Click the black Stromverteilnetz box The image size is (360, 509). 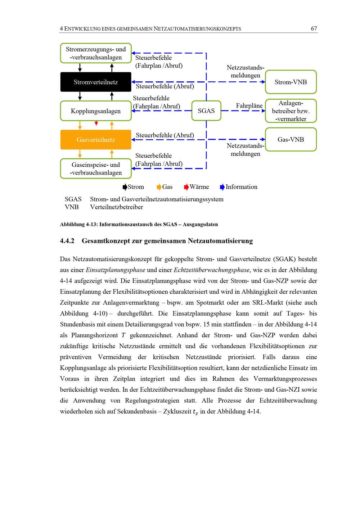pyautogui.click(x=96, y=82)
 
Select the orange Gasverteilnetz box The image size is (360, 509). pyautogui.click(x=96, y=140)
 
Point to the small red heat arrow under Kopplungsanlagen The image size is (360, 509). pyautogui.click(x=96, y=123)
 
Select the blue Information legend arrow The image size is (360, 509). pyautogui.click(x=222, y=187)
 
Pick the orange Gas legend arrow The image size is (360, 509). pyautogui.click(x=159, y=187)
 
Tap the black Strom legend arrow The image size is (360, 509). pyautogui.click(x=125, y=187)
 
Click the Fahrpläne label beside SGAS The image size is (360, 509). pyautogui.click(x=249, y=106)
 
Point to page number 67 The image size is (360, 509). pyautogui.click(x=314, y=28)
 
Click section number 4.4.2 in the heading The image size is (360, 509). pyautogui.click(x=67, y=240)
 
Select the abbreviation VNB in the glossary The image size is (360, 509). pyautogui.click(x=72, y=207)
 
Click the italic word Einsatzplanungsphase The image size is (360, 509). pyautogui.click(x=115, y=270)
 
